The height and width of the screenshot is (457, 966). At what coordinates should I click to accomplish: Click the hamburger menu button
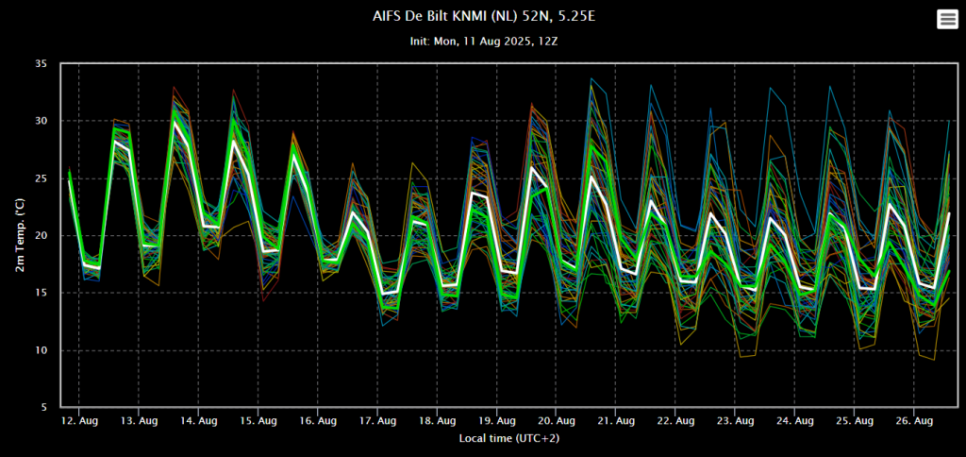[x=947, y=19]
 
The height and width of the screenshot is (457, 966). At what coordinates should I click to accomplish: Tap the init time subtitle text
[x=484, y=42]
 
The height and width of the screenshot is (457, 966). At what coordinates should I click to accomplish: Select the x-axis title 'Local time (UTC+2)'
[x=508, y=438]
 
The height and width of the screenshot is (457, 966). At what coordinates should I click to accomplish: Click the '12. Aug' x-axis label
[x=79, y=421]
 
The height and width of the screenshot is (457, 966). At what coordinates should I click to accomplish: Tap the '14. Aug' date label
[x=198, y=421]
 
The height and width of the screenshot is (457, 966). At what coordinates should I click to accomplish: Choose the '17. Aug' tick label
[x=377, y=421]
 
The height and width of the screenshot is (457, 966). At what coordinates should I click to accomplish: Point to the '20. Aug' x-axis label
[x=556, y=421]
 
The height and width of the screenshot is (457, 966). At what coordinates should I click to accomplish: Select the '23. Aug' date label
[x=735, y=421]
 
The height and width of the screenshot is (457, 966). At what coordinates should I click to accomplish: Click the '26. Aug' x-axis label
[x=913, y=421]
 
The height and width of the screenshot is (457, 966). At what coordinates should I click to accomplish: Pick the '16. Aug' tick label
[x=317, y=421]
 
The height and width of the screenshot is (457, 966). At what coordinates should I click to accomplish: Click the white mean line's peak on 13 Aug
[x=175, y=123]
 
